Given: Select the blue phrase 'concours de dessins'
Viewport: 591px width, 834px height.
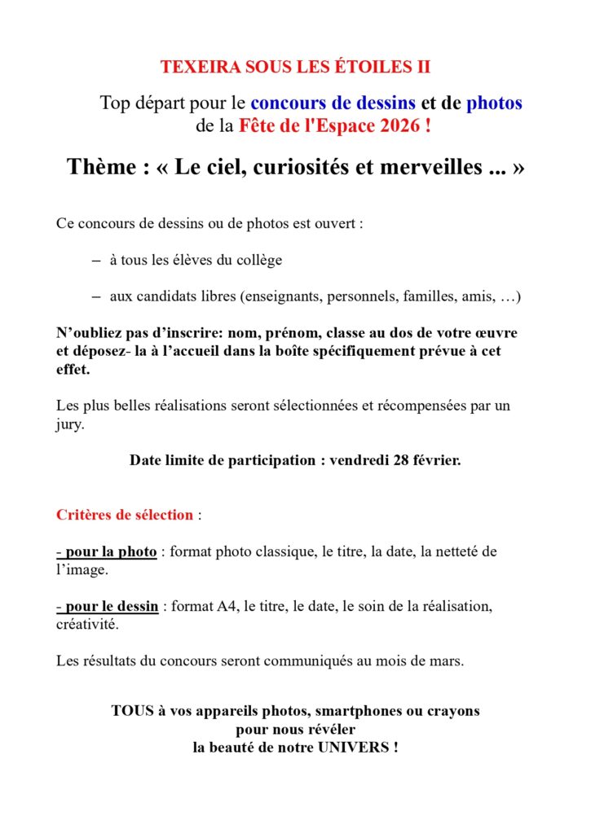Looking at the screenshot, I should click(333, 103).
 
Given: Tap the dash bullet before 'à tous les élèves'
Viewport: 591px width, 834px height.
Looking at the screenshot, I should click(95, 260).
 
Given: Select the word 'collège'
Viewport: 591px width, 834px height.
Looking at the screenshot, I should click(257, 261).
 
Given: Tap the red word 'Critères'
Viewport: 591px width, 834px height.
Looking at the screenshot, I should click(84, 515).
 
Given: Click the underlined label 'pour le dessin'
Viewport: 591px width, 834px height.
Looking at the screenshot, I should click(111, 606).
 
